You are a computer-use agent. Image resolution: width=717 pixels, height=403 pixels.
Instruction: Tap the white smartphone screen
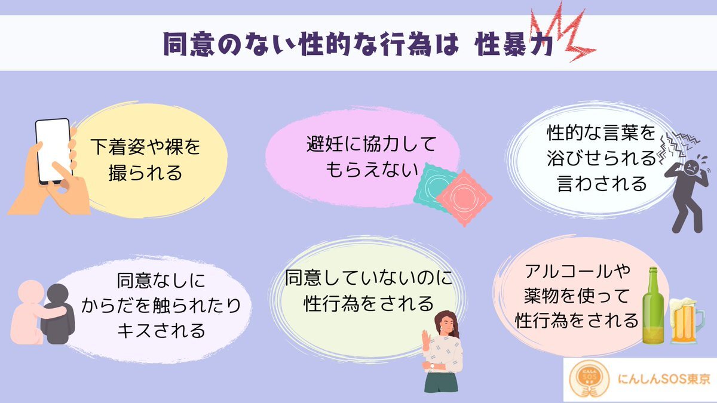coord(53,150)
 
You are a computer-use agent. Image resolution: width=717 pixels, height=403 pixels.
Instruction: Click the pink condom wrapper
coord(464,198)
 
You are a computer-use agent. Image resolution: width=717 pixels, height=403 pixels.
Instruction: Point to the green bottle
coord(653,306)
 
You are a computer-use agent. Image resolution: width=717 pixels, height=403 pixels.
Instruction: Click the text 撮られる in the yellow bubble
coord(145,173)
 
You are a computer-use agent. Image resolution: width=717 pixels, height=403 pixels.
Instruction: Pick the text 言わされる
coord(602,183)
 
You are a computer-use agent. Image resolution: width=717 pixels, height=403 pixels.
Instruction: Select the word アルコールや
coord(577,272)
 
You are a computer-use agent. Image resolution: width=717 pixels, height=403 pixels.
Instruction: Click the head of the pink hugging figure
coord(30,292)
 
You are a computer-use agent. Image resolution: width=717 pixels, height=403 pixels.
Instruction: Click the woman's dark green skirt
coord(441,382)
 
